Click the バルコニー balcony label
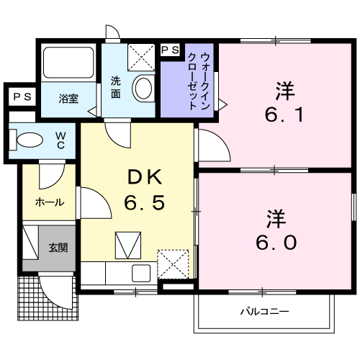tap(264, 312)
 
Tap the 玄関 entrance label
tap(58, 248)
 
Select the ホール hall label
tap(50, 202)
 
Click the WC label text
tap(60, 140)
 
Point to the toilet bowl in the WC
tap(30, 140)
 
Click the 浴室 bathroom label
tap(68, 99)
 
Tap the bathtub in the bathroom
tap(68, 63)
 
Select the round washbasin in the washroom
tap(143, 88)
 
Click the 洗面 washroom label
tap(115, 87)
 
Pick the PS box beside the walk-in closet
tap(170, 50)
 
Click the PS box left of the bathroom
tap(22, 96)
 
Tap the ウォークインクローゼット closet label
tap(199, 81)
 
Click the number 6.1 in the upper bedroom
tap(284, 114)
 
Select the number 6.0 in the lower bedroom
tap(276, 243)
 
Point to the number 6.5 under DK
tap(145, 202)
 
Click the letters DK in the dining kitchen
tap(145, 177)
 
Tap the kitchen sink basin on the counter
tap(141, 273)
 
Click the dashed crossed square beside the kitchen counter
tap(173, 264)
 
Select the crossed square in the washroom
tap(141, 58)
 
